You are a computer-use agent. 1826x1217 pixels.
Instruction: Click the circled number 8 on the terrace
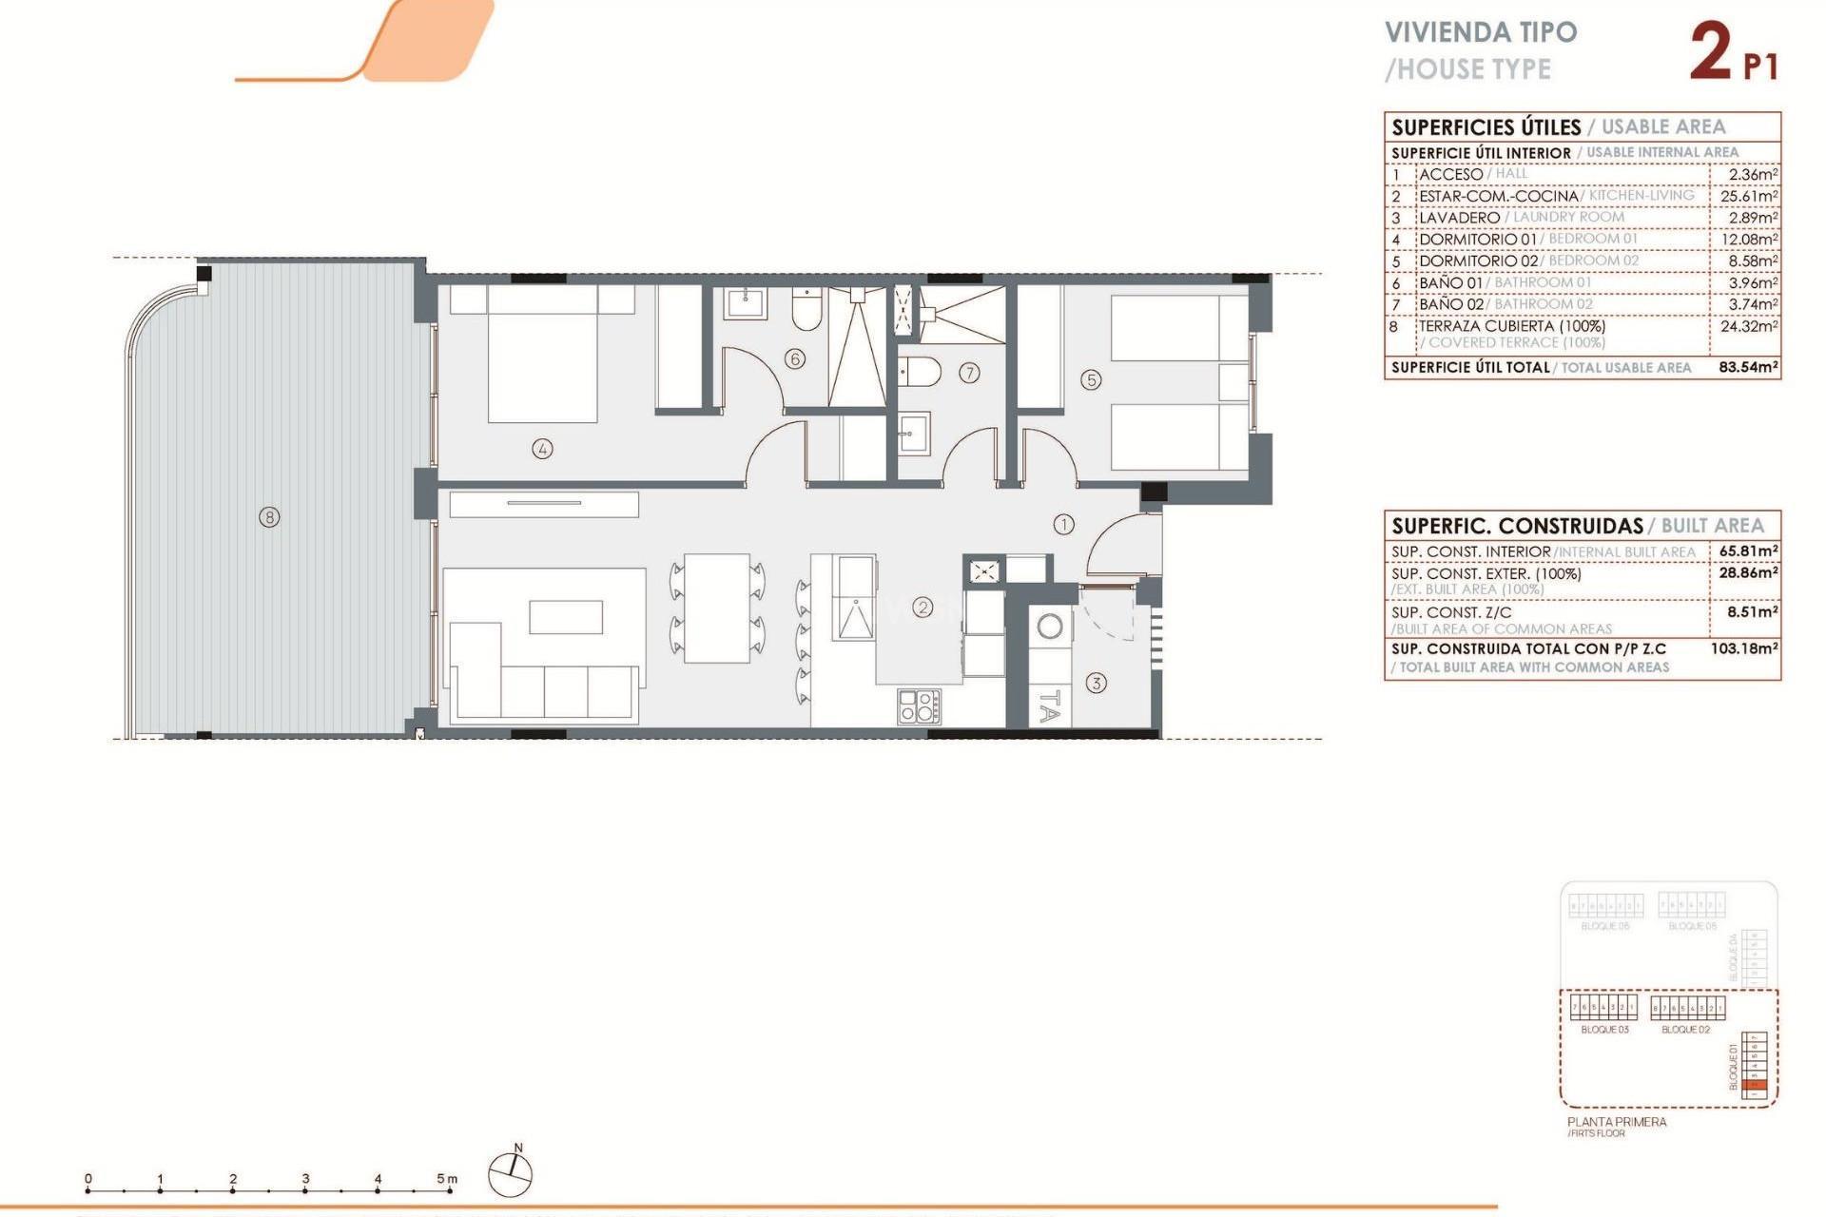pos(270,517)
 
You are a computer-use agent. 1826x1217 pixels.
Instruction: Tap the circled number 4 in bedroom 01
pos(542,449)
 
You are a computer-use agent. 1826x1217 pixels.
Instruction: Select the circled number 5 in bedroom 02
pos(1091,380)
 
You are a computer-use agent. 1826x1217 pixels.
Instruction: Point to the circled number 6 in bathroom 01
pos(795,358)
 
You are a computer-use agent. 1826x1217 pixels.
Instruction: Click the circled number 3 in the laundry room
pos(1096,683)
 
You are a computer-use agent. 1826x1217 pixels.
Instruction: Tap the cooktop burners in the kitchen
pos(919,706)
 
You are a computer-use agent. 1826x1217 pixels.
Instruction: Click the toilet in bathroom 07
pos(919,372)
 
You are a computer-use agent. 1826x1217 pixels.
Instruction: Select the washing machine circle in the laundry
pos(1050,627)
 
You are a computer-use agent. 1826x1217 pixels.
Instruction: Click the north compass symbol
pos(511,1173)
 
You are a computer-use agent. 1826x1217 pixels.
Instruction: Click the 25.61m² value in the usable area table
pos(1748,196)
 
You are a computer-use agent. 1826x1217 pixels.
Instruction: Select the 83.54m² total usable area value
pos(1748,367)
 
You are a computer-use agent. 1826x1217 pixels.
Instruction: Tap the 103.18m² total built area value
pos(1744,648)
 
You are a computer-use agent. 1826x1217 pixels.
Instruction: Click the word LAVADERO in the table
pos(1459,218)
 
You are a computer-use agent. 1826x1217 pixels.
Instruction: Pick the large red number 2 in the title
pos(1712,52)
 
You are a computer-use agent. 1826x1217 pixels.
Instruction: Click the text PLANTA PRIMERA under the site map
pos(1617,1122)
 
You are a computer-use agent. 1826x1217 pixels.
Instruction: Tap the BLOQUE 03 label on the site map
pos(1604,1030)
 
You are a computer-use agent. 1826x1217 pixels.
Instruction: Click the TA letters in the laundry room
pos(1049,706)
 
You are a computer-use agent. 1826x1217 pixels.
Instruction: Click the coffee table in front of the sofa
pos(566,617)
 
